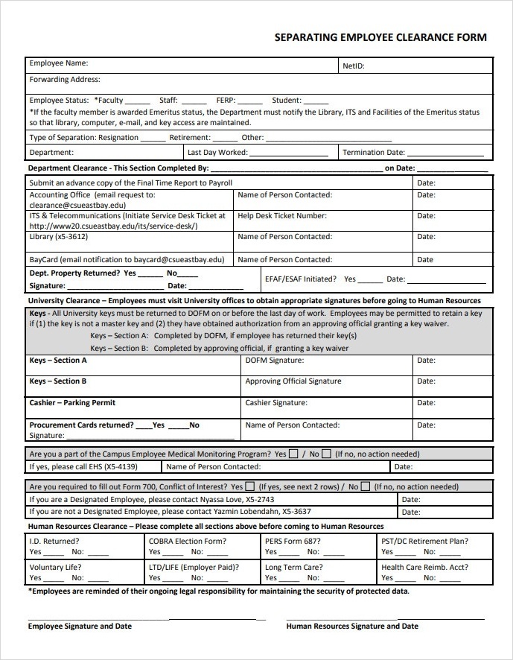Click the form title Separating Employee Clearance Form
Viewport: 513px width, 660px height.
pyautogui.click(x=380, y=37)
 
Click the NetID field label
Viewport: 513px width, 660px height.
pyautogui.click(x=353, y=66)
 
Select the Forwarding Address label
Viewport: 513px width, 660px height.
pyautogui.click(x=64, y=80)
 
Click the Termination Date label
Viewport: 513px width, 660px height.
pyautogui.click(x=374, y=153)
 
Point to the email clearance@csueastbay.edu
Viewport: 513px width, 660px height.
pyautogui.click(x=77, y=205)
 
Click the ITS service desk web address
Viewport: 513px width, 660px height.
pyautogui.click(x=113, y=226)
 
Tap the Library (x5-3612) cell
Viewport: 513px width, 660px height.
pyautogui.click(x=58, y=237)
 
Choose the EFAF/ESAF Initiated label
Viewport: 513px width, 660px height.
pyautogui.click(x=300, y=279)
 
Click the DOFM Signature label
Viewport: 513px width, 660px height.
pyautogui.click(x=275, y=361)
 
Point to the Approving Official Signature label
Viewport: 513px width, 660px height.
pyautogui.click(x=293, y=381)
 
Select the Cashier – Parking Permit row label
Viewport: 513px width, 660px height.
pyautogui.click(x=72, y=403)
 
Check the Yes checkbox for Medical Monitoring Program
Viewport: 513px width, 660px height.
pyautogui.click(x=294, y=454)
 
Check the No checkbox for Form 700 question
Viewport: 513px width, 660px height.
pyautogui.click(x=365, y=487)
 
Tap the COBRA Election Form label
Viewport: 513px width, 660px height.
pyautogui.click(x=187, y=542)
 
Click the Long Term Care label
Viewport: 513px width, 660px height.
pyautogui.click(x=293, y=567)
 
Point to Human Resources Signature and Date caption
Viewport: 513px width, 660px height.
pyautogui.click(x=352, y=626)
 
